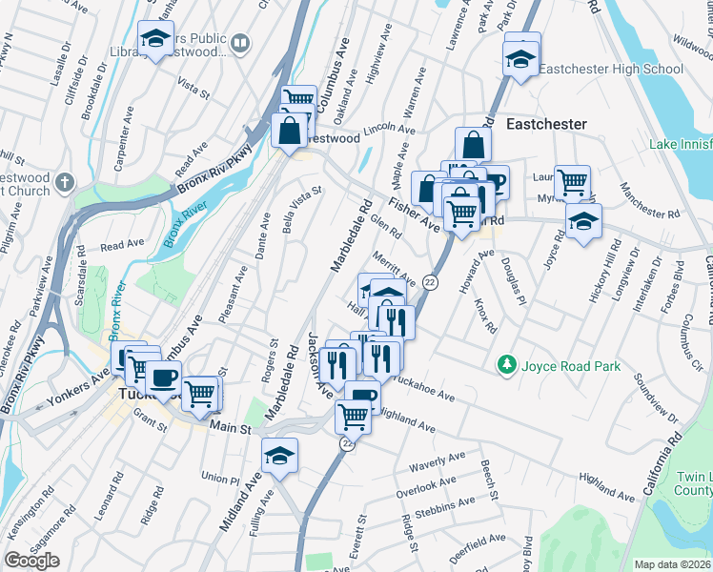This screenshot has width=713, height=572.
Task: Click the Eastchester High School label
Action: (611, 69)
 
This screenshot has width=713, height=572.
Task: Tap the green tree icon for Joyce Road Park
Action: (506, 365)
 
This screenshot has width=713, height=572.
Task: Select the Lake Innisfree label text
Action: (681, 144)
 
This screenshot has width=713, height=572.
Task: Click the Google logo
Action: (31, 561)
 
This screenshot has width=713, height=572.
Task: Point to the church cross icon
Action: (65, 181)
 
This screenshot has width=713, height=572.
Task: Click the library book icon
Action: (240, 43)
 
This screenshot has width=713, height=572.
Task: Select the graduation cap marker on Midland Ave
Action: (279, 457)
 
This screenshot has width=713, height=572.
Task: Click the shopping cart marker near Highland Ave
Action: (353, 416)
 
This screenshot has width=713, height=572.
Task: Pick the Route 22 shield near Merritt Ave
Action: (430, 282)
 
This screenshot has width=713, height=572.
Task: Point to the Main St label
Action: (230, 430)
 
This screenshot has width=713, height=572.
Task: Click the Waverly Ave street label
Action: (435, 467)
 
